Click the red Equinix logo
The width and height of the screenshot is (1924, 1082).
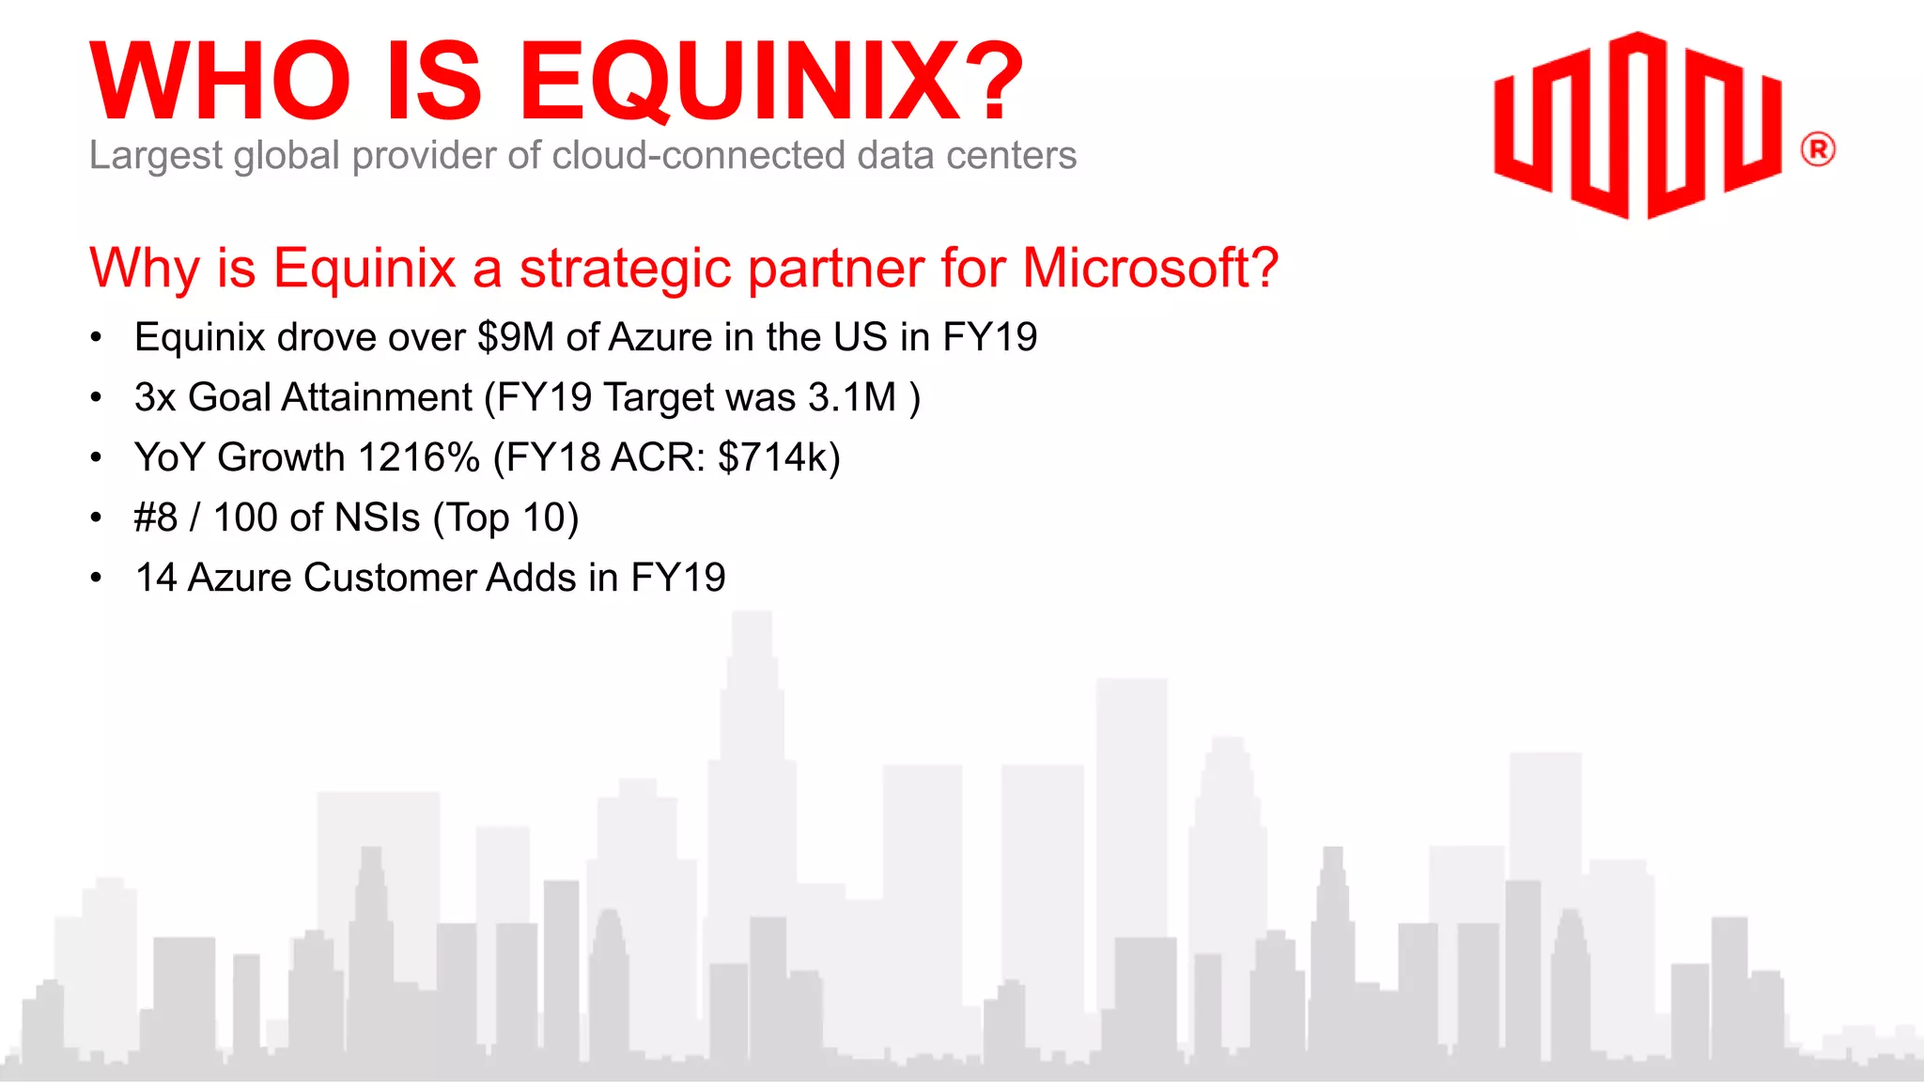pyautogui.click(x=1637, y=125)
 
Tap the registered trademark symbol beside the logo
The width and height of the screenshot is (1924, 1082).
pyautogui.click(x=1818, y=150)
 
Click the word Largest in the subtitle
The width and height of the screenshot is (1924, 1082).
pyautogui.click(x=156, y=156)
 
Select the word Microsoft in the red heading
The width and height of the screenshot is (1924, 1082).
pyautogui.click(x=1150, y=268)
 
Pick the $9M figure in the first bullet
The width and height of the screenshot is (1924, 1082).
pyautogui.click(x=516, y=337)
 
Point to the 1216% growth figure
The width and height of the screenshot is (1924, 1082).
pyautogui.click(x=419, y=457)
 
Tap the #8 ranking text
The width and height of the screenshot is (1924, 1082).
pyautogui.click(x=156, y=518)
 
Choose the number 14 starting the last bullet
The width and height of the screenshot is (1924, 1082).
pyautogui.click(x=156, y=578)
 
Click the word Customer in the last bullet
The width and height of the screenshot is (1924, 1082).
pyautogui.click(x=391, y=578)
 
